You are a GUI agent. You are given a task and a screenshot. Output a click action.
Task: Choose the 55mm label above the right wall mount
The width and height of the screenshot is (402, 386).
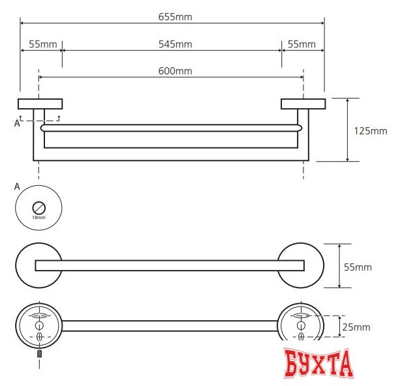pos(301,44)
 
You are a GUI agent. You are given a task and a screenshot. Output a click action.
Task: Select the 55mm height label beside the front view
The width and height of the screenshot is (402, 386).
pos(358,267)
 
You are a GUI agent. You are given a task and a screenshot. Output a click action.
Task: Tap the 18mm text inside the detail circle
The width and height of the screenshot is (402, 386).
pos(39,217)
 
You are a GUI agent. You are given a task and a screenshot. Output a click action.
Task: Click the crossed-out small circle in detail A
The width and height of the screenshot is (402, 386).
pos(39,208)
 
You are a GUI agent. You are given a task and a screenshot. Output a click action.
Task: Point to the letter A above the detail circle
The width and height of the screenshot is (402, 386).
pos(17,186)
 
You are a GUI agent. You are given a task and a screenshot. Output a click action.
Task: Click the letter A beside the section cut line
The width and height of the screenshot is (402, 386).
pos(17,121)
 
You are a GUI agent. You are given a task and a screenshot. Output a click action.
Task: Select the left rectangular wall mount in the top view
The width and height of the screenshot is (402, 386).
pos(40,103)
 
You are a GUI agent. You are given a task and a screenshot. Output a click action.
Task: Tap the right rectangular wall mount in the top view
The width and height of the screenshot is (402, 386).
pos(303,103)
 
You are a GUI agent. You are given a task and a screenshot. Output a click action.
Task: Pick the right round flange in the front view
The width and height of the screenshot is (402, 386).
pos(301,265)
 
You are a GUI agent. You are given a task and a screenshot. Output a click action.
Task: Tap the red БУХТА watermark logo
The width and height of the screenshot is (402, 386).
pos(318,364)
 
